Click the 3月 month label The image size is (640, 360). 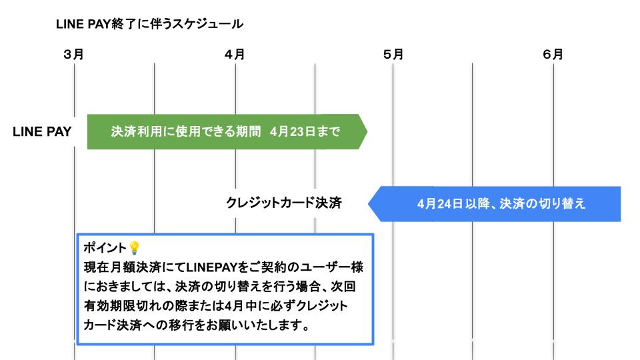[x=73, y=55]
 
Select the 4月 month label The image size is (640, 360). [x=235, y=55]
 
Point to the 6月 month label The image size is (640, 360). [x=553, y=55]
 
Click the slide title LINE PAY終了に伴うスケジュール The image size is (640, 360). [x=150, y=25]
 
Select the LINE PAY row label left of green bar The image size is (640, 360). [x=42, y=131]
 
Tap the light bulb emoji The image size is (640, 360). [x=134, y=248]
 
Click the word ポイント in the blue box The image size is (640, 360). [x=105, y=248]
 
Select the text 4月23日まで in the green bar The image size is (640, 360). [x=305, y=131]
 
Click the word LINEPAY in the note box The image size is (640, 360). [x=209, y=267]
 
